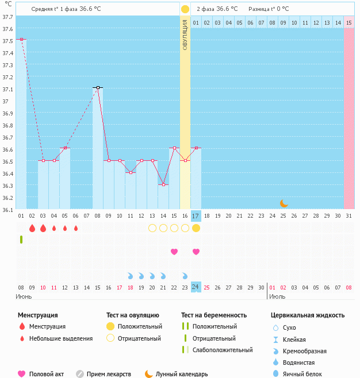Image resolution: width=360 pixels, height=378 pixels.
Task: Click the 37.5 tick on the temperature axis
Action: tap(7, 41)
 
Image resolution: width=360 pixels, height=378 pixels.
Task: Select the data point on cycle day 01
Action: tap(21, 39)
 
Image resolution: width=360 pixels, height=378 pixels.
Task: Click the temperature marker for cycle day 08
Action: tap(98, 87)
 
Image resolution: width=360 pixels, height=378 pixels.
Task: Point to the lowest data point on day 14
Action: tap(163, 184)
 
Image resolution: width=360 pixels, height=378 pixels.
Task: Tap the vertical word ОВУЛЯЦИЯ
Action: tap(185, 34)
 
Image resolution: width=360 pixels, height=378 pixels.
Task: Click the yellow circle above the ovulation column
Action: tap(185, 9)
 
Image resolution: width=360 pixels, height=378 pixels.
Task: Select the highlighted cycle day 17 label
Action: tap(196, 216)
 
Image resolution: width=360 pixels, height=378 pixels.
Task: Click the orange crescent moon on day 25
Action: tap(284, 203)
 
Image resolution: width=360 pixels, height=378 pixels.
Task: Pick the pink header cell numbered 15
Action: tap(349, 22)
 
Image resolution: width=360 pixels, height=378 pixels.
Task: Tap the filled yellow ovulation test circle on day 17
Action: tap(196, 228)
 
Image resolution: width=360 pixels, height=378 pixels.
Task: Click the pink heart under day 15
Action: tap(174, 252)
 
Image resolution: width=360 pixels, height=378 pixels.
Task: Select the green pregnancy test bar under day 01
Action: tap(21, 239)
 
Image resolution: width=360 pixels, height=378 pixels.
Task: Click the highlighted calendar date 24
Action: tap(196, 287)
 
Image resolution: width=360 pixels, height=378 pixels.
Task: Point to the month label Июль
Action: tap(277, 296)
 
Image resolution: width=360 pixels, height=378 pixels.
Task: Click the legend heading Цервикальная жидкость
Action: tap(308, 315)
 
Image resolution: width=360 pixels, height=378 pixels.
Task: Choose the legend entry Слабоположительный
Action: tap(222, 350)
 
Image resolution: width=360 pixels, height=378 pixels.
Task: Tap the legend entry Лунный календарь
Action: tap(182, 374)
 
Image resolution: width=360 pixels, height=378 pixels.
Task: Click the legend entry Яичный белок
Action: tap(302, 374)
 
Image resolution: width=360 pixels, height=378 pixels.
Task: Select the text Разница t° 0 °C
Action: tap(269, 9)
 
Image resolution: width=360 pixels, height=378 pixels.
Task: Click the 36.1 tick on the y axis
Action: tap(7, 210)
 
